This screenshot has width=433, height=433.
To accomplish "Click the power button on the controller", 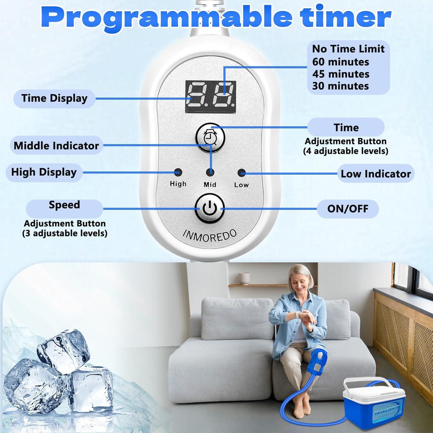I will click(210, 208).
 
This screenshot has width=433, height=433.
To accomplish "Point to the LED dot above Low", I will click(241, 173).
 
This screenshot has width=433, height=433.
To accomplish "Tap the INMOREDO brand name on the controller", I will click(210, 236).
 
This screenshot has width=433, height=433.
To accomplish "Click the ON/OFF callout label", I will click(348, 209).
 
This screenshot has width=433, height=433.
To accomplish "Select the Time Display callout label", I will click(54, 98).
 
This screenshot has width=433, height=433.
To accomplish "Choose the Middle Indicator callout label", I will click(56, 145).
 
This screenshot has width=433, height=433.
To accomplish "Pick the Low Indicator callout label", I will click(376, 174).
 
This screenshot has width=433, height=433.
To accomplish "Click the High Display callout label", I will click(44, 172).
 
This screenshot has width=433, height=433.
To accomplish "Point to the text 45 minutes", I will click(341, 74).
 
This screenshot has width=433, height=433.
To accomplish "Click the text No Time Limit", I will click(348, 49).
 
